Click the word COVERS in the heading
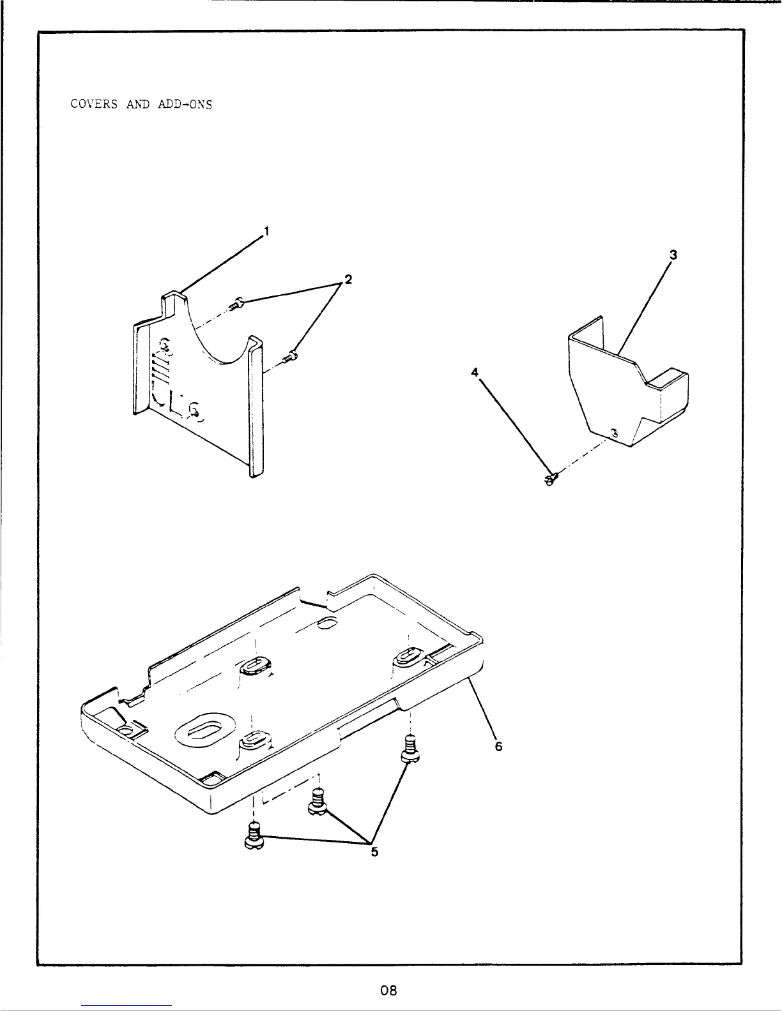(x=93, y=104)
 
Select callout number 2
(x=348, y=279)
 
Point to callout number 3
(x=673, y=255)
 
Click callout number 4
(x=475, y=373)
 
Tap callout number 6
(x=498, y=746)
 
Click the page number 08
(x=388, y=990)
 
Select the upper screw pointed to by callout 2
(x=236, y=304)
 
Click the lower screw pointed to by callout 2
(x=291, y=355)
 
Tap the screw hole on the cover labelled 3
(x=613, y=433)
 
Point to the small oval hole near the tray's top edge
(x=326, y=624)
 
